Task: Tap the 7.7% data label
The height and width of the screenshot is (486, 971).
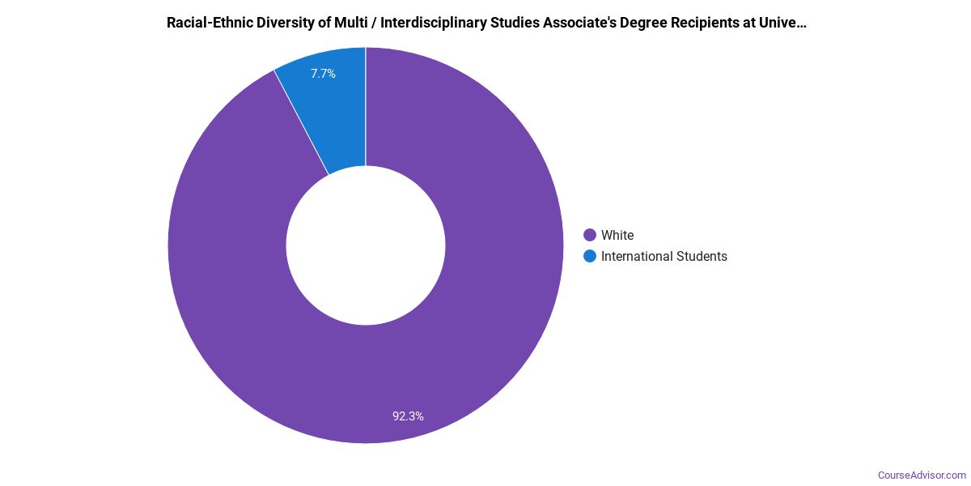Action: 323,74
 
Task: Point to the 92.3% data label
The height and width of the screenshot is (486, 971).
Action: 408,416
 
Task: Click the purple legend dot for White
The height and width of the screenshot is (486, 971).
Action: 590,235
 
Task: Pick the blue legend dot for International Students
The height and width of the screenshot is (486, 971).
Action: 590,256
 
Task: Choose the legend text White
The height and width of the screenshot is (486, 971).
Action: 617,235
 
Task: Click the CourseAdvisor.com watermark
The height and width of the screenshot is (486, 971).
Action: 922,475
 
